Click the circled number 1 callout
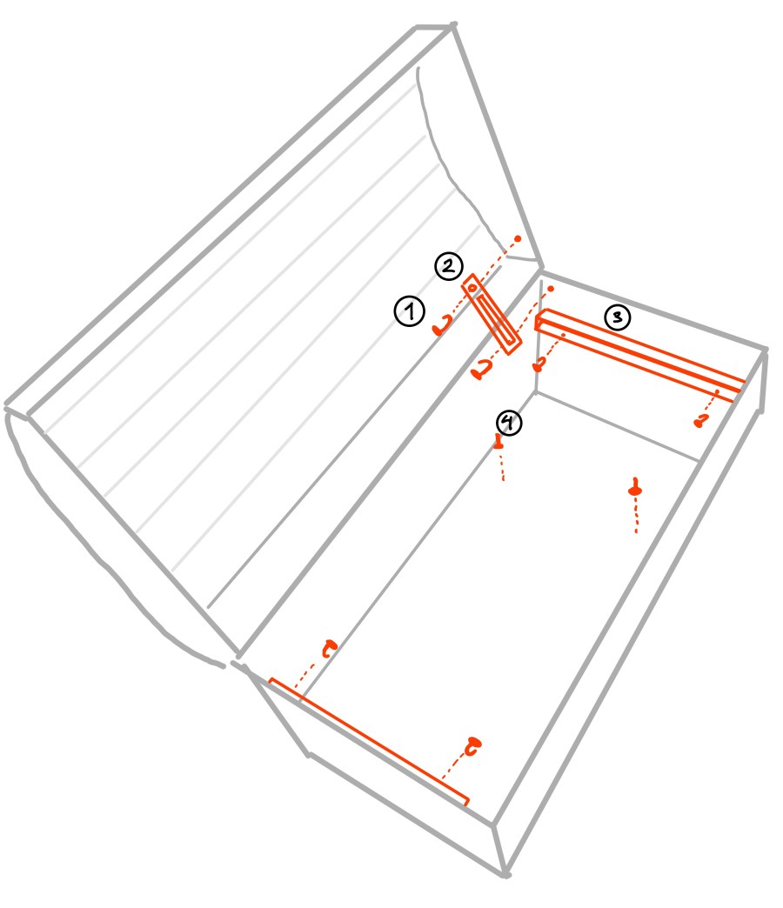(410, 311)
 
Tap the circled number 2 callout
(449, 266)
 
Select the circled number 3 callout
(618, 317)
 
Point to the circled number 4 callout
(509, 423)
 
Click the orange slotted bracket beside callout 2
(492, 314)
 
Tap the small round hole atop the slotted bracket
(472, 288)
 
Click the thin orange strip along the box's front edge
(369, 742)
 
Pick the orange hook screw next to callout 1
(441, 327)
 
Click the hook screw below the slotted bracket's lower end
(481, 370)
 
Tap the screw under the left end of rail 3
(539, 365)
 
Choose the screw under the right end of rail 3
(701, 421)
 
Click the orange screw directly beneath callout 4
(498, 443)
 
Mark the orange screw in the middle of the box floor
(635, 488)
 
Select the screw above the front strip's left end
(330, 648)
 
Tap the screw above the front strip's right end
(473, 746)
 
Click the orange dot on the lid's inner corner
(518, 238)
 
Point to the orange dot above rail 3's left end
(551, 289)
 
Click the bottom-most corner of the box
(505, 874)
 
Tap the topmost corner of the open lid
(453, 25)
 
